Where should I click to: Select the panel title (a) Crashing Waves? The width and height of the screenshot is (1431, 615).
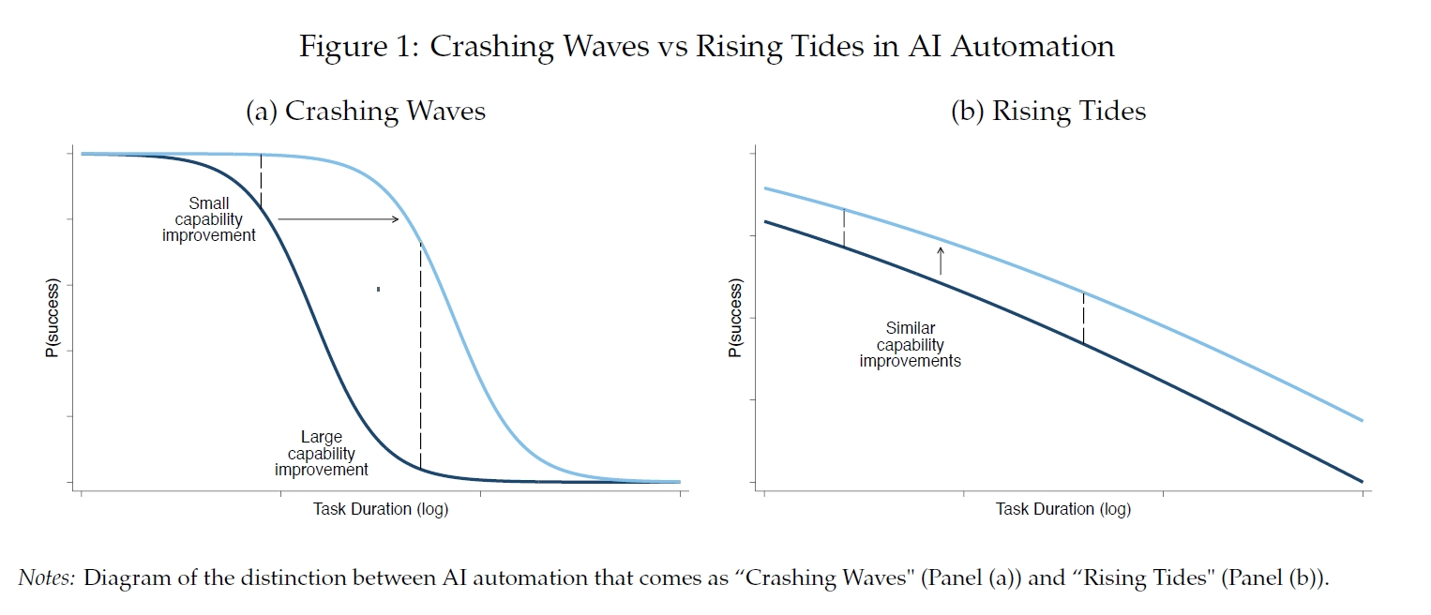(x=366, y=112)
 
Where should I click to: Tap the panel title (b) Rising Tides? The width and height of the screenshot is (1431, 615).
(x=1048, y=112)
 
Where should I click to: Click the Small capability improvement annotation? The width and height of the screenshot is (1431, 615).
(x=208, y=219)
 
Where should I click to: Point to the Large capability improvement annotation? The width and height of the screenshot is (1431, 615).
(x=321, y=453)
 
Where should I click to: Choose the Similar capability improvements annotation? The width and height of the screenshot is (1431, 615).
(x=910, y=344)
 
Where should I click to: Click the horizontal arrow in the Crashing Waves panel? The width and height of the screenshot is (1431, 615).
(x=338, y=219)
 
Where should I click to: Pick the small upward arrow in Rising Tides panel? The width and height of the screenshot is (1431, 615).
(x=941, y=260)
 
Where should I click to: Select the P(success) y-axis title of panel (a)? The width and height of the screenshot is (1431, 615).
(x=53, y=316)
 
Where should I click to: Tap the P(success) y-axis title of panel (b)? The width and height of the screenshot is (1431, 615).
(x=735, y=317)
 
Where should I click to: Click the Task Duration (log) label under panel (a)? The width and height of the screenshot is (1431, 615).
(x=380, y=509)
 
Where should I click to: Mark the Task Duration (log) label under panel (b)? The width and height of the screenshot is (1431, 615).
(x=1062, y=509)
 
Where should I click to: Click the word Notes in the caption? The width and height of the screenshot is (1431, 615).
(x=46, y=577)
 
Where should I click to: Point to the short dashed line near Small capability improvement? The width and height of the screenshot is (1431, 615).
(x=261, y=181)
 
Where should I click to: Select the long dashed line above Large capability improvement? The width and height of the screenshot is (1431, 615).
(x=420, y=356)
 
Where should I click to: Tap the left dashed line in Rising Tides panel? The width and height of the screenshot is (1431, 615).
(x=845, y=228)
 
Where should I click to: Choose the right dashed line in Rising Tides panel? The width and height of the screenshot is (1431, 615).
(x=1083, y=319)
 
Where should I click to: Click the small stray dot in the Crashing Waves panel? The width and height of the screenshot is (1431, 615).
(x=378, y=289)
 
